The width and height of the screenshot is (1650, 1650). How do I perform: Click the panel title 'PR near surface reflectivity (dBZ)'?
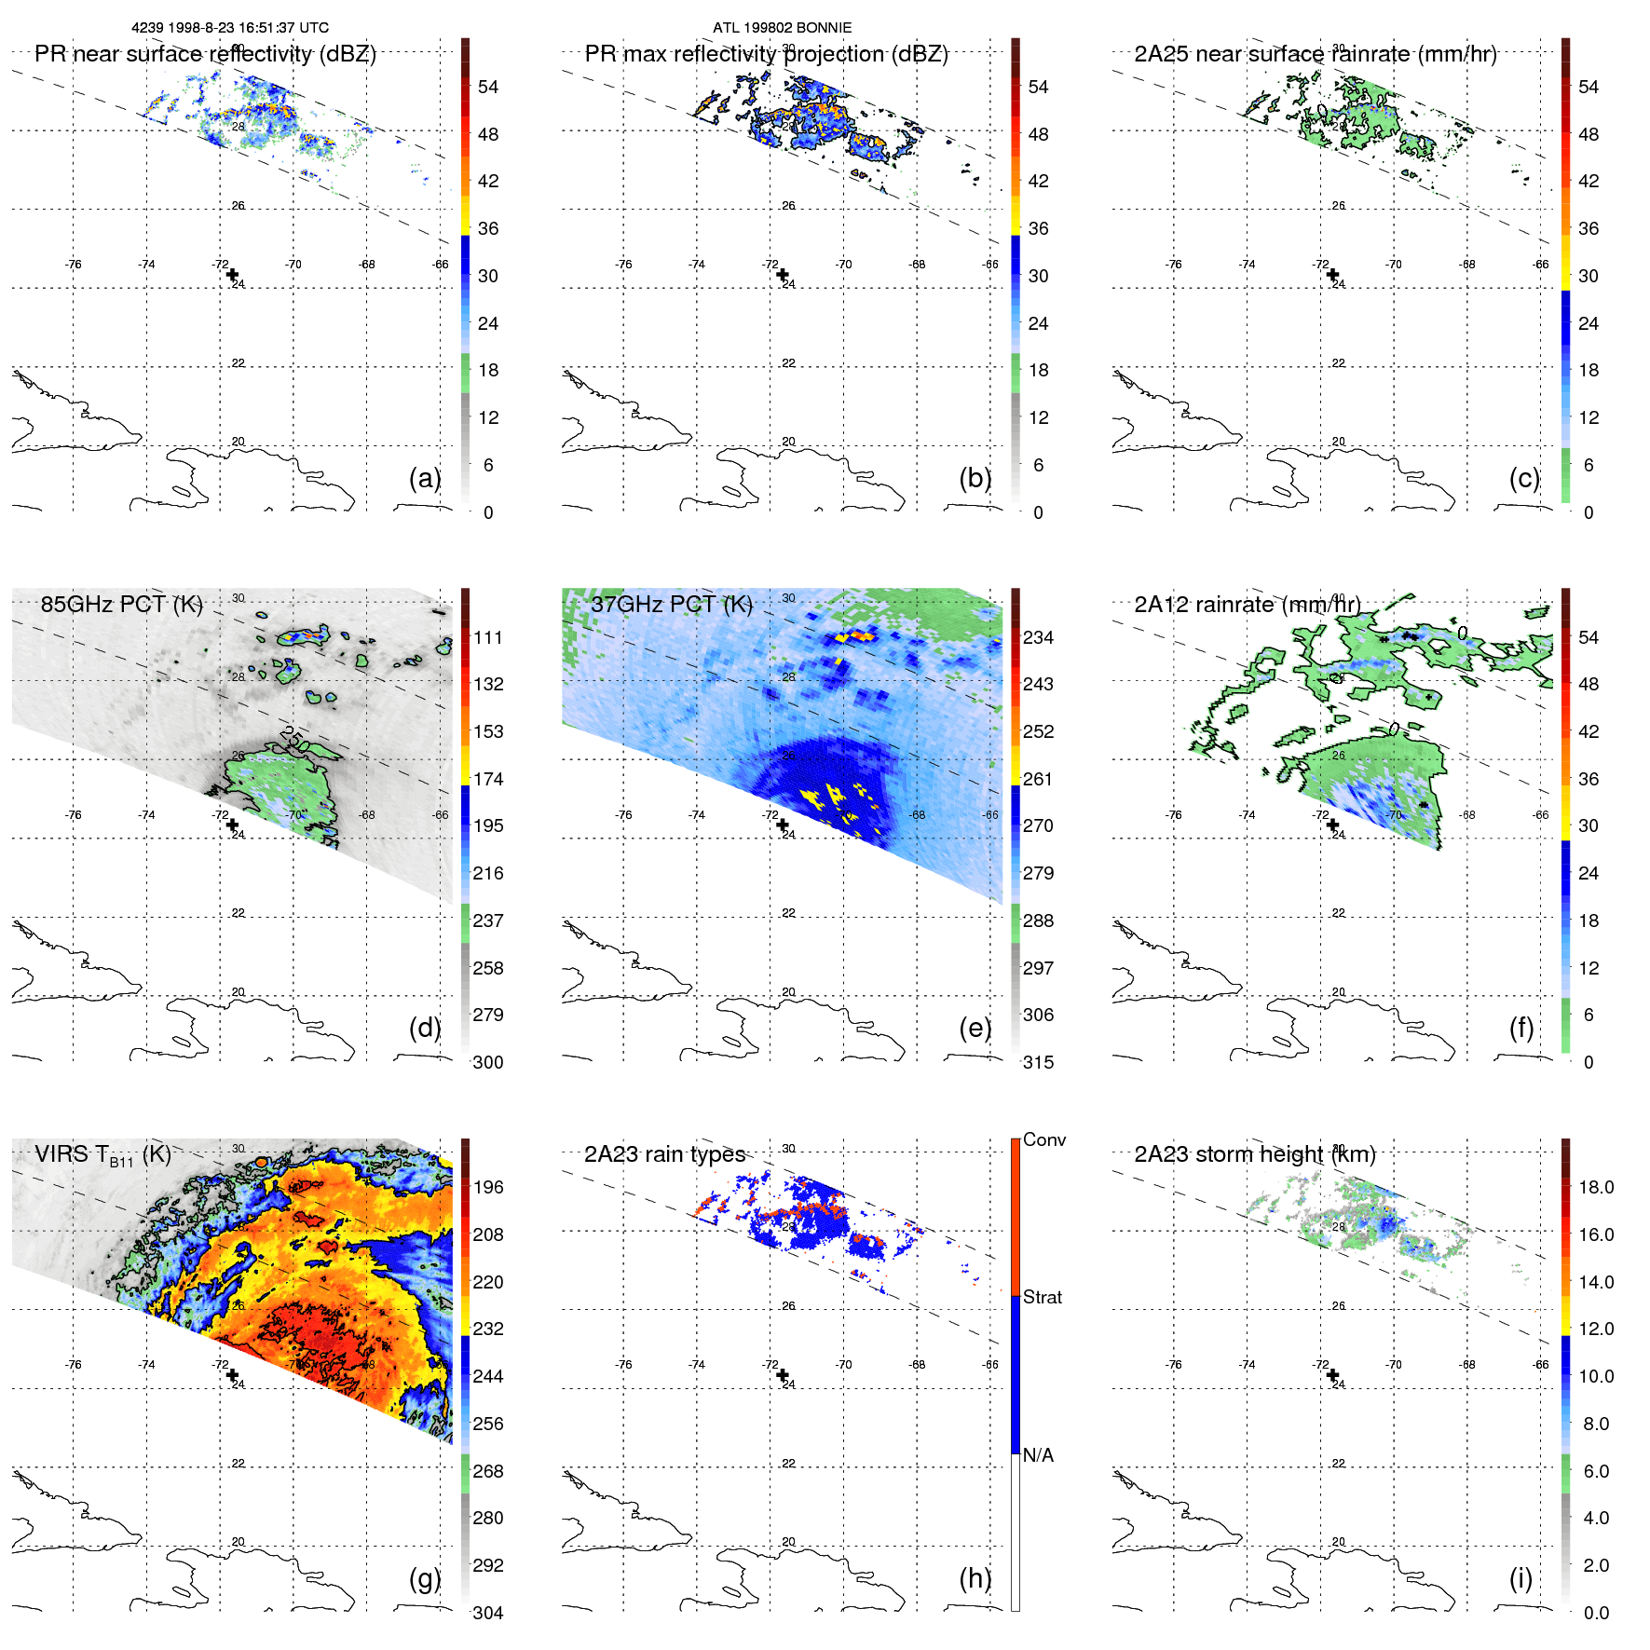tap(205, 54)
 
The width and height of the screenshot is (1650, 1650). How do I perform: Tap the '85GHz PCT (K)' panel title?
tap(121, 604)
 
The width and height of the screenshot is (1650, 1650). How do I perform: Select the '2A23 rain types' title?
tap(664, 1154)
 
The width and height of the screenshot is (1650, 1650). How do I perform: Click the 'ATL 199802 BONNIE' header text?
tap(782, 28)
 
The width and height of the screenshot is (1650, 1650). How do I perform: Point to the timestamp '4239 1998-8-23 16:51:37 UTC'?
tap(230, 28)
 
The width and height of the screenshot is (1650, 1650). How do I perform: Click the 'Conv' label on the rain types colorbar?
tap(1043, 1139)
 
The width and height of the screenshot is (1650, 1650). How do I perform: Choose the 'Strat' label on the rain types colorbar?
tap(1042, 1297)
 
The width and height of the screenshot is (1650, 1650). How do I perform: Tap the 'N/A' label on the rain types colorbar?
tap(1038, 1455)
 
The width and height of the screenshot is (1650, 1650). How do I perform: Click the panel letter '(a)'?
tap(424, 478)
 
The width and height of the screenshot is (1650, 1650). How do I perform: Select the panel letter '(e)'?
tap(975, 1028)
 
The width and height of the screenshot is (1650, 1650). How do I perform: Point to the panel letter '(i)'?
tap(1520, 1578)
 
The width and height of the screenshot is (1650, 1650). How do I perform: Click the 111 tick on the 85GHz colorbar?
tap(488, 637)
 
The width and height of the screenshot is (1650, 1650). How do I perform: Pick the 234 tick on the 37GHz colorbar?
tap(1038, 637)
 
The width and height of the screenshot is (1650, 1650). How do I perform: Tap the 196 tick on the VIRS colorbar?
tap(488, 1187)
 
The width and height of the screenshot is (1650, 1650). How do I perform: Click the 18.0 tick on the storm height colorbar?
tap(1595, 1187)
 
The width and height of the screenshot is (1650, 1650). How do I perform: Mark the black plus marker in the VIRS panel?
tap(232, 1374)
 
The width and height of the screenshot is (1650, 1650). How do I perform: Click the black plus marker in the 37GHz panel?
tap(782, 825)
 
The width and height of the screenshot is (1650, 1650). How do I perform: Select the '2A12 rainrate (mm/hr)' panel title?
tap(1247, 604)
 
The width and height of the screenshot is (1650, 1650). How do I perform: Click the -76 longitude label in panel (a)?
tap(73, 265)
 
